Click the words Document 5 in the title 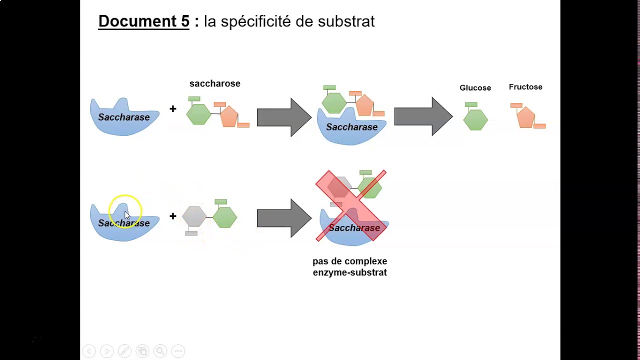pos(143,21)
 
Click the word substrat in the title pos(346,21)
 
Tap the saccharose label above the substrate pos(214,83)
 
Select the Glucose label pos(475,88)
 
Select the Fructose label pos(525,87)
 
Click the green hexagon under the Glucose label pos(475,120)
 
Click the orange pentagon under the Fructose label pos(525,118)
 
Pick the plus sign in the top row pos(172,109)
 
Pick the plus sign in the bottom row pos(172,216)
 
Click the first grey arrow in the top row pos(283,117)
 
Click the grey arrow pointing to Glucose pos(422,117)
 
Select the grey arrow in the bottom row pos(283,218)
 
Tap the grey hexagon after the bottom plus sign pos(194,216)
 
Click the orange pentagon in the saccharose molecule pos(229,116)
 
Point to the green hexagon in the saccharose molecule pos(198,114)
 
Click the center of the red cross pos(351,205)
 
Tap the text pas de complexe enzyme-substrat pos(349,267)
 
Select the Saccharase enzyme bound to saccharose pos(351,128)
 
